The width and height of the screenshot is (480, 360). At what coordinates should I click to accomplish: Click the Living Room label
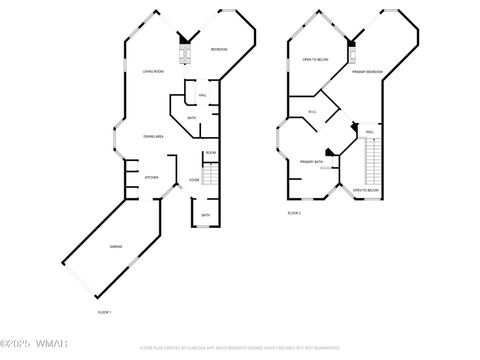click(x=152, y=71)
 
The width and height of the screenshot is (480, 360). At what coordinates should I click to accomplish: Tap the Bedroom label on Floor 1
click(x=219, y=50)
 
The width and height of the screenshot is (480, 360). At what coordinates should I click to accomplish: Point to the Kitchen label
click(x=151, y=178)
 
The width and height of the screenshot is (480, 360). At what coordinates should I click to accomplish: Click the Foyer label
click(x=194, y=180)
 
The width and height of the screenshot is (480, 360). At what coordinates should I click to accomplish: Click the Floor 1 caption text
click(x=104, y=313)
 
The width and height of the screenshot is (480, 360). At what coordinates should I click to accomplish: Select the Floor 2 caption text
click(x=294, y=213)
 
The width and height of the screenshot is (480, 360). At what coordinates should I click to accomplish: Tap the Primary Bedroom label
click(x=368, y=72)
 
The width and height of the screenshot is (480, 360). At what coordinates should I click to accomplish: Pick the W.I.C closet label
click(x=312, y=111)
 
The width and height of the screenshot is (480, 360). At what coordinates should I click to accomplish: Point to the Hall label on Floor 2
click(x=369, y=132)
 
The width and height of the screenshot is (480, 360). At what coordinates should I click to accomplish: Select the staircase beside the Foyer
click(x=210, y=176)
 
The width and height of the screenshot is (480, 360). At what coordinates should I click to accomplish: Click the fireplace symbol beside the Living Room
click(x=183, y=51)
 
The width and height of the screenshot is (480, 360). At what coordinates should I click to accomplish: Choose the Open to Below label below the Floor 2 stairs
click(x=365, y=190)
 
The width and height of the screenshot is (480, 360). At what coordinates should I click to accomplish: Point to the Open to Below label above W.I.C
click(x=314, y=59)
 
